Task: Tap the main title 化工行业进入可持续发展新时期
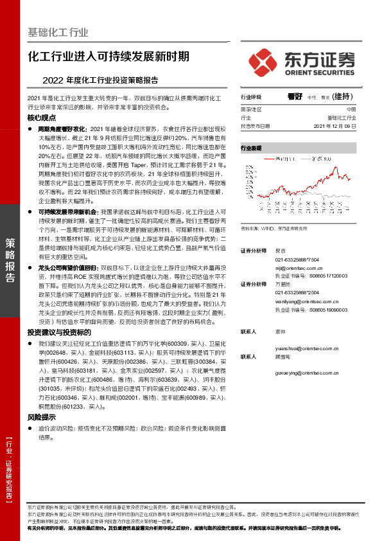click(x=109, y=56)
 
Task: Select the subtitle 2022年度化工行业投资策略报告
click(x=100, y=81)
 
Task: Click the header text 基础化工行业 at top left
click(x=58, y=31)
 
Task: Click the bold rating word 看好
click(x=295, y=96)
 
